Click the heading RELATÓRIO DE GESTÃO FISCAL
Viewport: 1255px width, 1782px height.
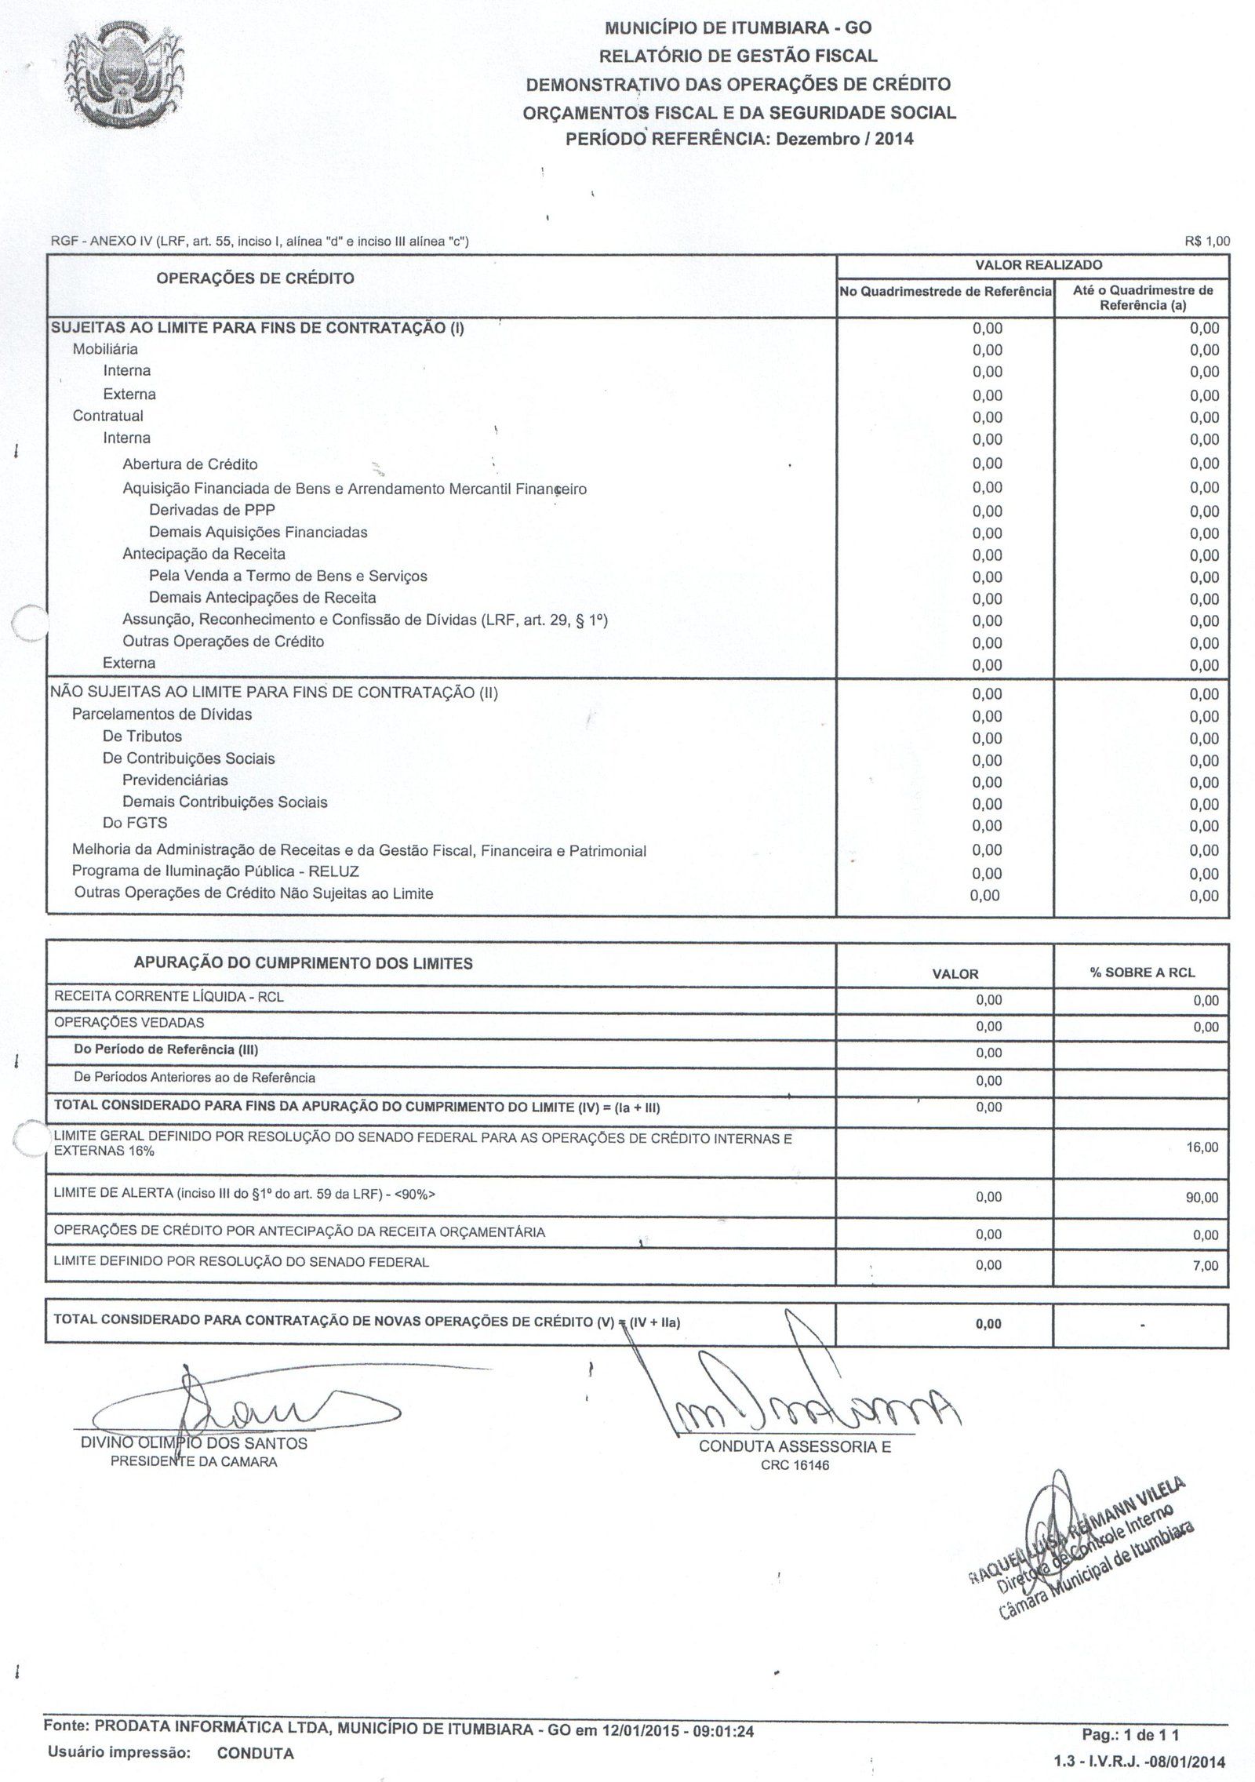[738, 56]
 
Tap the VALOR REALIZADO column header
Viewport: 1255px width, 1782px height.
[1032, 265]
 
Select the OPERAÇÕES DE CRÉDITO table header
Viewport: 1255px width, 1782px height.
[255, 278]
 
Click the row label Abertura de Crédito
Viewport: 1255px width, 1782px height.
[190, 464]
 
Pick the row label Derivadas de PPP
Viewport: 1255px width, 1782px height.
[212, 509]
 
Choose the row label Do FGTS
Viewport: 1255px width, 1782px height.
[135, 823]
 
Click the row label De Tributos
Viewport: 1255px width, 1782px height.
[142, 736]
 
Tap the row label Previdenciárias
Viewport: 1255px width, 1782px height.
[175, 780]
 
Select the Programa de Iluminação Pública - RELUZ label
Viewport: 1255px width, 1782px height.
[216, 871]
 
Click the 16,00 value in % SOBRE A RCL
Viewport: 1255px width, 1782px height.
[1203, 1147]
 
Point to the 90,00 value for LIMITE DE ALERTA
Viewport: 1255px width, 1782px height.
[1203, 1198]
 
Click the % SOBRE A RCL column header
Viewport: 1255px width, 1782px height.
[1142, 973]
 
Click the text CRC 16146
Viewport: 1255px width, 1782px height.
[795, 1465]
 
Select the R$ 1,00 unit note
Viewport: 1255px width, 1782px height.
[1207, 242]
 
